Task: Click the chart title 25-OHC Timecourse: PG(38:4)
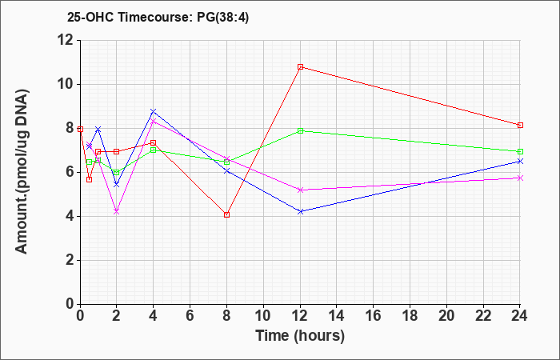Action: (158, 18)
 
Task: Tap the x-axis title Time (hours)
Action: (300, 336)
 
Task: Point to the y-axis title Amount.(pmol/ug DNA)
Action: (22, 172)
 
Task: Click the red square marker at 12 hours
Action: (300, 66)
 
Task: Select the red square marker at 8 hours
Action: (226, 214)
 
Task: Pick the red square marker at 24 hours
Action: (520, 125)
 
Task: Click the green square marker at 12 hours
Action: (300, 130)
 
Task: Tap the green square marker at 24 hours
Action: (520, 151)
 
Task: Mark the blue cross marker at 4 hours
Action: (154, 111)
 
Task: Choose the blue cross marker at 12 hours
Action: (300, 211)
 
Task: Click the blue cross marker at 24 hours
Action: (520, 161)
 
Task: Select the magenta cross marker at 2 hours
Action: (116, 211)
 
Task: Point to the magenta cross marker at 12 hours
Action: (300, 190)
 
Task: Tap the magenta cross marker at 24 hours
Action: (520, 178)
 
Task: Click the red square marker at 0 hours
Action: (80, 129)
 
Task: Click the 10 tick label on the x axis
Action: (263, 316)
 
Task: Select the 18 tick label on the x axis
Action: (410, 316)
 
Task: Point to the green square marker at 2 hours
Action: (116, 173)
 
